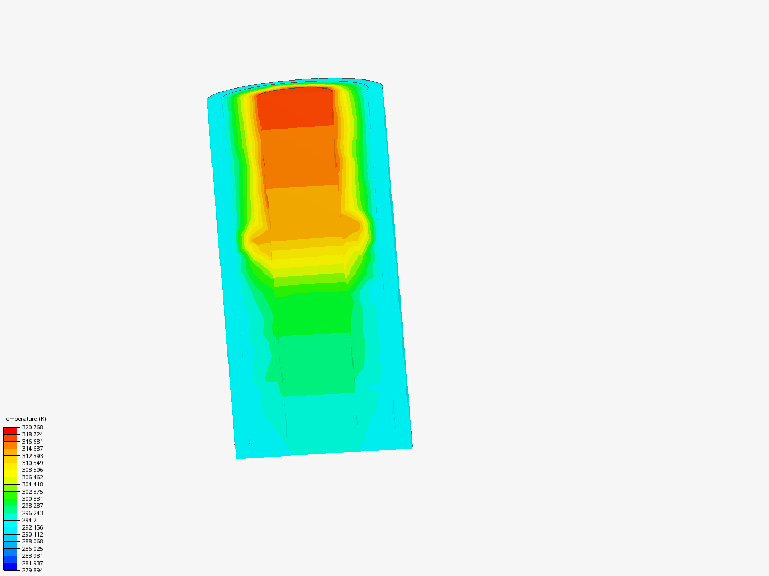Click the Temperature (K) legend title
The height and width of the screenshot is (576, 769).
click(x=25, y=419)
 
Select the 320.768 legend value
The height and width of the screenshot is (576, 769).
click(x=33, y=427)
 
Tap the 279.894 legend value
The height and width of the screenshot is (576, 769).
click(x=33, y=570)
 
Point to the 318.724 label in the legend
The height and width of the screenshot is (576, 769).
click(x=33, y=434)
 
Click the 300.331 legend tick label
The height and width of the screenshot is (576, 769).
click(x=33, y=499)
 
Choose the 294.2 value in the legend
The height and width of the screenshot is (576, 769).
click(x=29, y=520)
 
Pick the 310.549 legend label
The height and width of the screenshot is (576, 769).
click(x=33, y=463)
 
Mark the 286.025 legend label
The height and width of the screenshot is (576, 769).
click(x=33, y=549)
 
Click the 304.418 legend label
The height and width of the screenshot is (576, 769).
click(x=33, y=484)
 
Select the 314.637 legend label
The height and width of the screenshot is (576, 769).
click(x=33, y=449)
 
